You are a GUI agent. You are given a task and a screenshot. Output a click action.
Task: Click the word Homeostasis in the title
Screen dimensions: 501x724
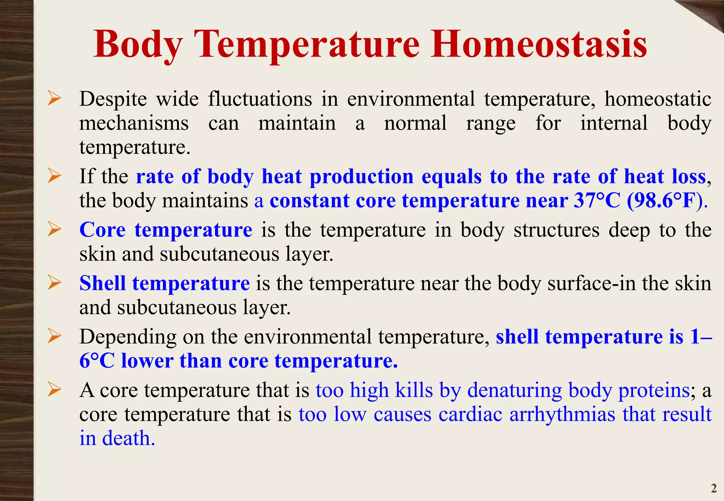tap(538, 45)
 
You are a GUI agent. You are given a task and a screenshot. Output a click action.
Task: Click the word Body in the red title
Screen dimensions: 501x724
tap(138, 45)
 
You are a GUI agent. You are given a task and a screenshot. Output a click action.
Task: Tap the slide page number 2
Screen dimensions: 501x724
tap(714, 488)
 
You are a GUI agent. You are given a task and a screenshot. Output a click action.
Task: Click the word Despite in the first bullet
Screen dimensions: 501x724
tap(113, 99)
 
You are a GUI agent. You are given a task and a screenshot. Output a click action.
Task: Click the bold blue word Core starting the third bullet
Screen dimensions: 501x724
tap(103, 230)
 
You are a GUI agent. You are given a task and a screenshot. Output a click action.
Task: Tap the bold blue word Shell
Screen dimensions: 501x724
tap(103, 283)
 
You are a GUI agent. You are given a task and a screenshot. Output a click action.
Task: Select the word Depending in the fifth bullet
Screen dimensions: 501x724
tap(128, 337)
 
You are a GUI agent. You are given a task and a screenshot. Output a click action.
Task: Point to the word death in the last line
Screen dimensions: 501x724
tap(128, 438)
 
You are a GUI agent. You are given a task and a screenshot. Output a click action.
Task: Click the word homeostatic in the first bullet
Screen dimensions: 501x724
tap(658, 99)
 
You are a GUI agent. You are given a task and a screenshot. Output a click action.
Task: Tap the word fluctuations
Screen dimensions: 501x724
tap(260, 99)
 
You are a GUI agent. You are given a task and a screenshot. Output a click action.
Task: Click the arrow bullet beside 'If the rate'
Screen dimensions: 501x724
tap(54, 176)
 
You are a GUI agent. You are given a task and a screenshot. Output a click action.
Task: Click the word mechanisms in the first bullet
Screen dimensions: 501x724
tap(134, 123)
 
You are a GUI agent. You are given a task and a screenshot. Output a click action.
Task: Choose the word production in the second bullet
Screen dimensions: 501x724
tap(361, 177)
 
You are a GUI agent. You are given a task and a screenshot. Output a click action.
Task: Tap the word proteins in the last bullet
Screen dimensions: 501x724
tap(654, 390)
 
